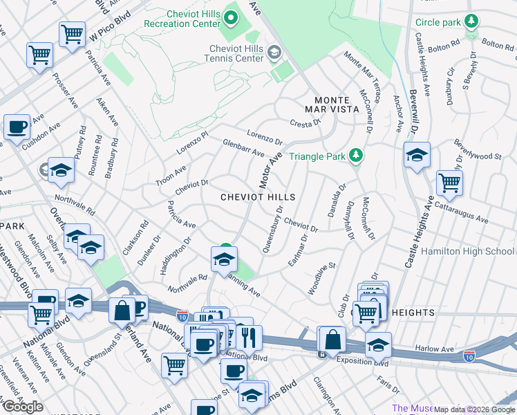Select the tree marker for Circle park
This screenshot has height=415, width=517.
click(471, 22)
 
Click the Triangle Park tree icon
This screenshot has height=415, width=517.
click(356, 156)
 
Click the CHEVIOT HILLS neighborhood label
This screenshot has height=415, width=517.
click(258, 197)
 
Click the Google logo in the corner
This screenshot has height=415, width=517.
click(23, 407)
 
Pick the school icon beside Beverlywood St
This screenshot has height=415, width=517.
click(417, 156)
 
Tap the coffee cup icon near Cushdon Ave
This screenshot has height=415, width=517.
click(17, 128)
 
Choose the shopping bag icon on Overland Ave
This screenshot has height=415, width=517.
click(122, 312)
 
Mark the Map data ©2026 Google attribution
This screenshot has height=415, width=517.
click(474, 409)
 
